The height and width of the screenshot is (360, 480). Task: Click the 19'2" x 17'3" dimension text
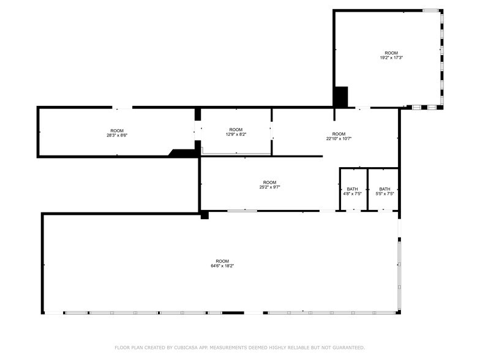[391, 58]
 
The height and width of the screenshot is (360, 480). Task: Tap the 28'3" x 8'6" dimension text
[117, 135]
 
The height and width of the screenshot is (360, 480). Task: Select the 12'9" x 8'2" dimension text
[236, 134]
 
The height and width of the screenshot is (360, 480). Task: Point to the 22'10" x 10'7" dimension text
[339, 138]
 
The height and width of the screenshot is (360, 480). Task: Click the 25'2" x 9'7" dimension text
[269, 187]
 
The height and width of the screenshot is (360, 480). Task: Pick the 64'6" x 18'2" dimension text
[222, 266]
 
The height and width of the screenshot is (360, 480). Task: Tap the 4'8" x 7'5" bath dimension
[353, 193]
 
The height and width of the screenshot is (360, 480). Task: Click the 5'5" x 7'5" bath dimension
[384, 193]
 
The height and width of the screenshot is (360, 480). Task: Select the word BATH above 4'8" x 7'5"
[353, 189]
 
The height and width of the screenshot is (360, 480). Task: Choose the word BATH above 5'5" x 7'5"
[384, 189]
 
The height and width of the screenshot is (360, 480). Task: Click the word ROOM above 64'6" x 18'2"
[222, 261]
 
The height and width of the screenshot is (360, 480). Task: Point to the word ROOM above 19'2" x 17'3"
[391, 53]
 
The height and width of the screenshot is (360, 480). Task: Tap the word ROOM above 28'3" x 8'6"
[117, 131]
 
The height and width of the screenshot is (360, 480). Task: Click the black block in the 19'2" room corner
[341, 97]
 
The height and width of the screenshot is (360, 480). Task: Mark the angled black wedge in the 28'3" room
[182, 153]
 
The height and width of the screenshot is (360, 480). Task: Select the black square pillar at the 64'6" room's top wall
[204, 215]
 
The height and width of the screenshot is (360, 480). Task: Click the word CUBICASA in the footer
[186, 348]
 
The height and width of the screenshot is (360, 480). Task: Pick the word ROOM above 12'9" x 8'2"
[236, 130]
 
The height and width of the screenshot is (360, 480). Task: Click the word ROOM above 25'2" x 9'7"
[269, 182]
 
